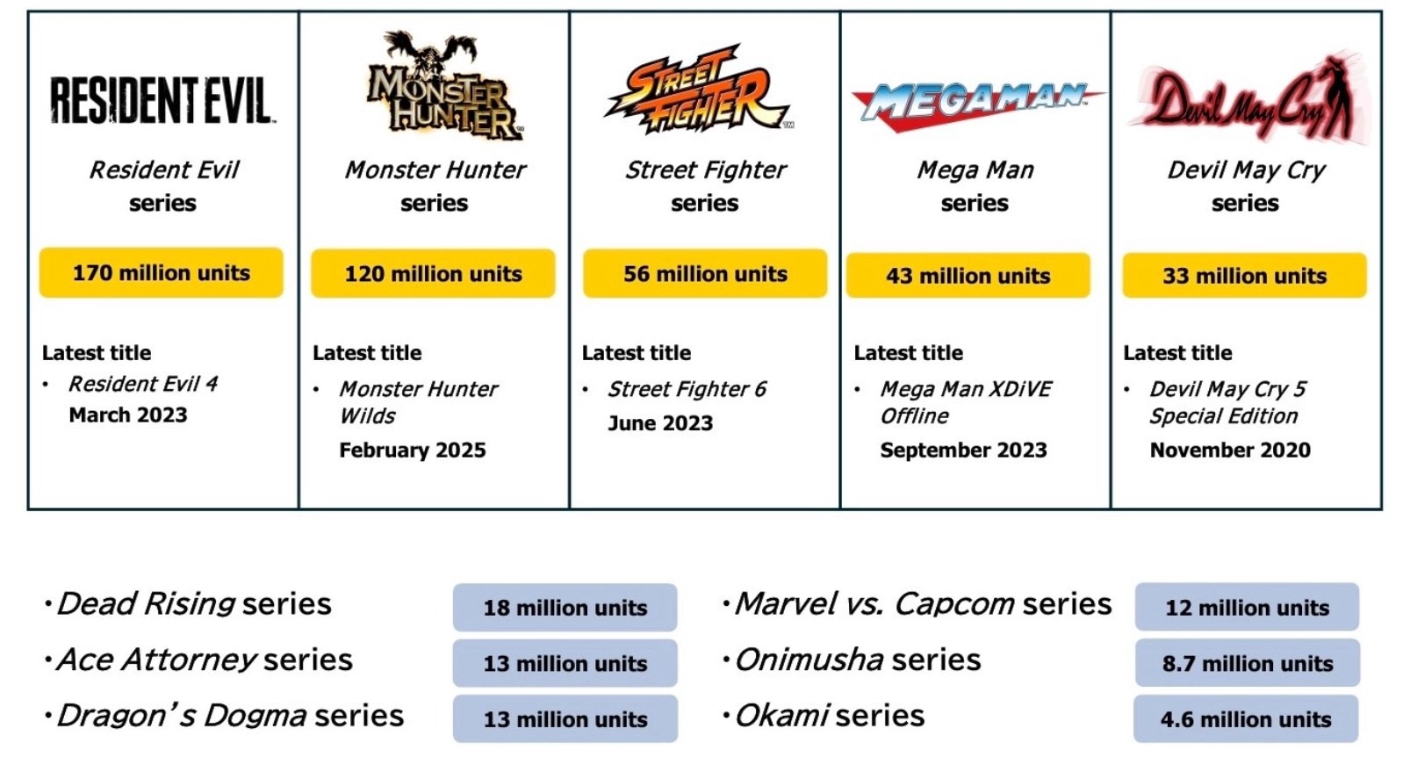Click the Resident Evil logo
162,100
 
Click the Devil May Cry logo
1248,100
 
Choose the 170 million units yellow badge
161,272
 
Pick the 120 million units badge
433,274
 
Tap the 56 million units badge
705,274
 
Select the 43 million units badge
968,276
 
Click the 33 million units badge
1245,276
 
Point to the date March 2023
128,415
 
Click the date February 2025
412,450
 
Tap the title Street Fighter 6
687,389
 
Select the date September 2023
963,450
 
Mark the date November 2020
1230,450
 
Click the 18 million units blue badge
565,607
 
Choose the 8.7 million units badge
1248,663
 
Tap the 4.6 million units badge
1246,718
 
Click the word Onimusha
809,660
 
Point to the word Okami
782,716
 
